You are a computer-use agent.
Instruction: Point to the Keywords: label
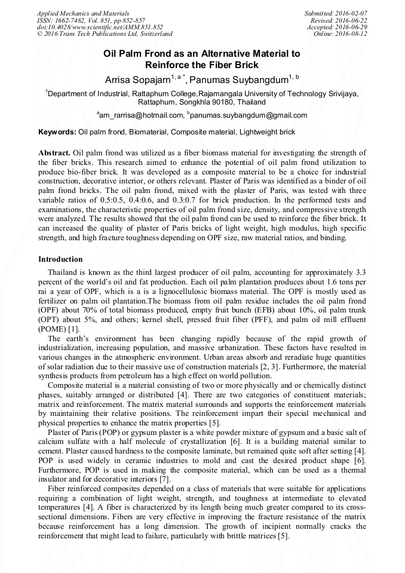(57, 131)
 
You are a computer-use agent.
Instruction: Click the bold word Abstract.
(55, 153)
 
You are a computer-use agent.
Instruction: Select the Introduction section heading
(61, 259)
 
